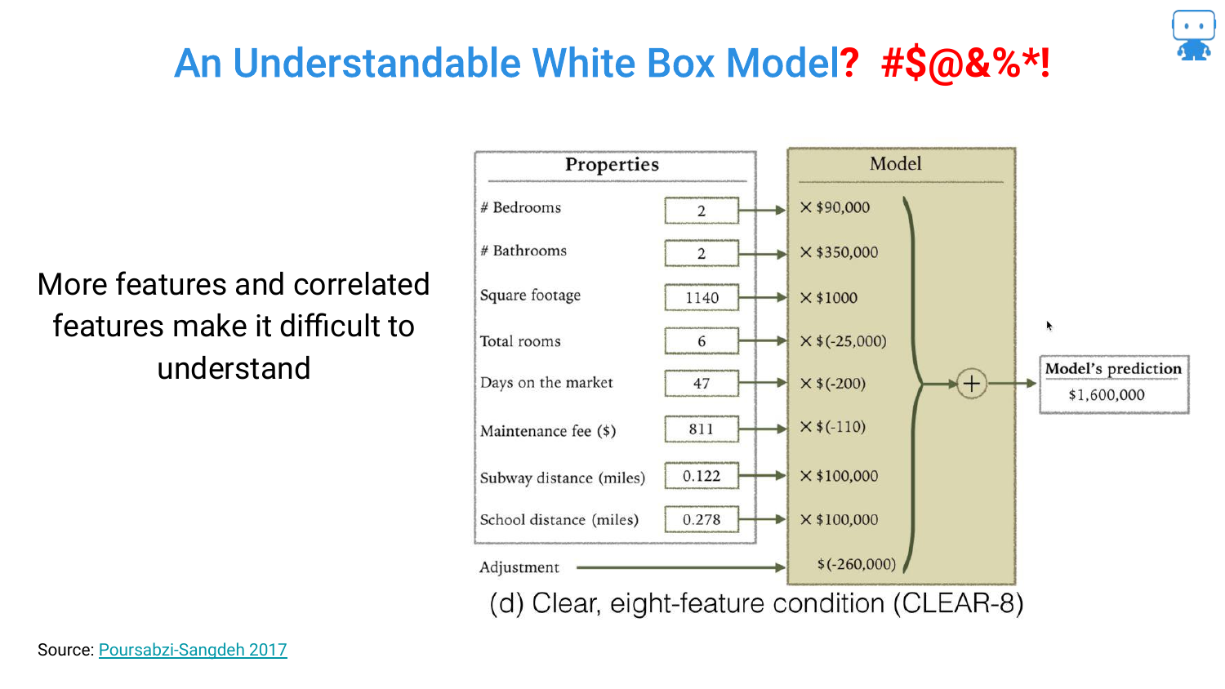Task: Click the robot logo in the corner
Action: click(1193, 35)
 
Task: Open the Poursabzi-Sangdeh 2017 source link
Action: click(193, 650)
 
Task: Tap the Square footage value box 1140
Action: click(702, 297)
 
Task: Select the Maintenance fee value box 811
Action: click(702, 429)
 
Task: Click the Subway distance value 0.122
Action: click(702, 476)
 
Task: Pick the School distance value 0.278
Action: click(702, 519)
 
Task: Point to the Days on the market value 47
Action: click(702, 383)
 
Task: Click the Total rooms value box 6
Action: click(702, 340)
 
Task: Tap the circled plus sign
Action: click(972, 384)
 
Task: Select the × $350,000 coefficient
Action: click(839, 252)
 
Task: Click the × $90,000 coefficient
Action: click(835, 207)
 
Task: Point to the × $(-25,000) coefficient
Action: click(843, 340)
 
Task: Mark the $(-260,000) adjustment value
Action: click(857, 564)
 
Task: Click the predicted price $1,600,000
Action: click(1107, 395)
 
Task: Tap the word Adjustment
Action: click(519, 567)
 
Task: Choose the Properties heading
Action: click(612, 164)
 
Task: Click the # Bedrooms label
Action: click(521, 208)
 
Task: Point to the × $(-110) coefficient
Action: click(832, 426)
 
